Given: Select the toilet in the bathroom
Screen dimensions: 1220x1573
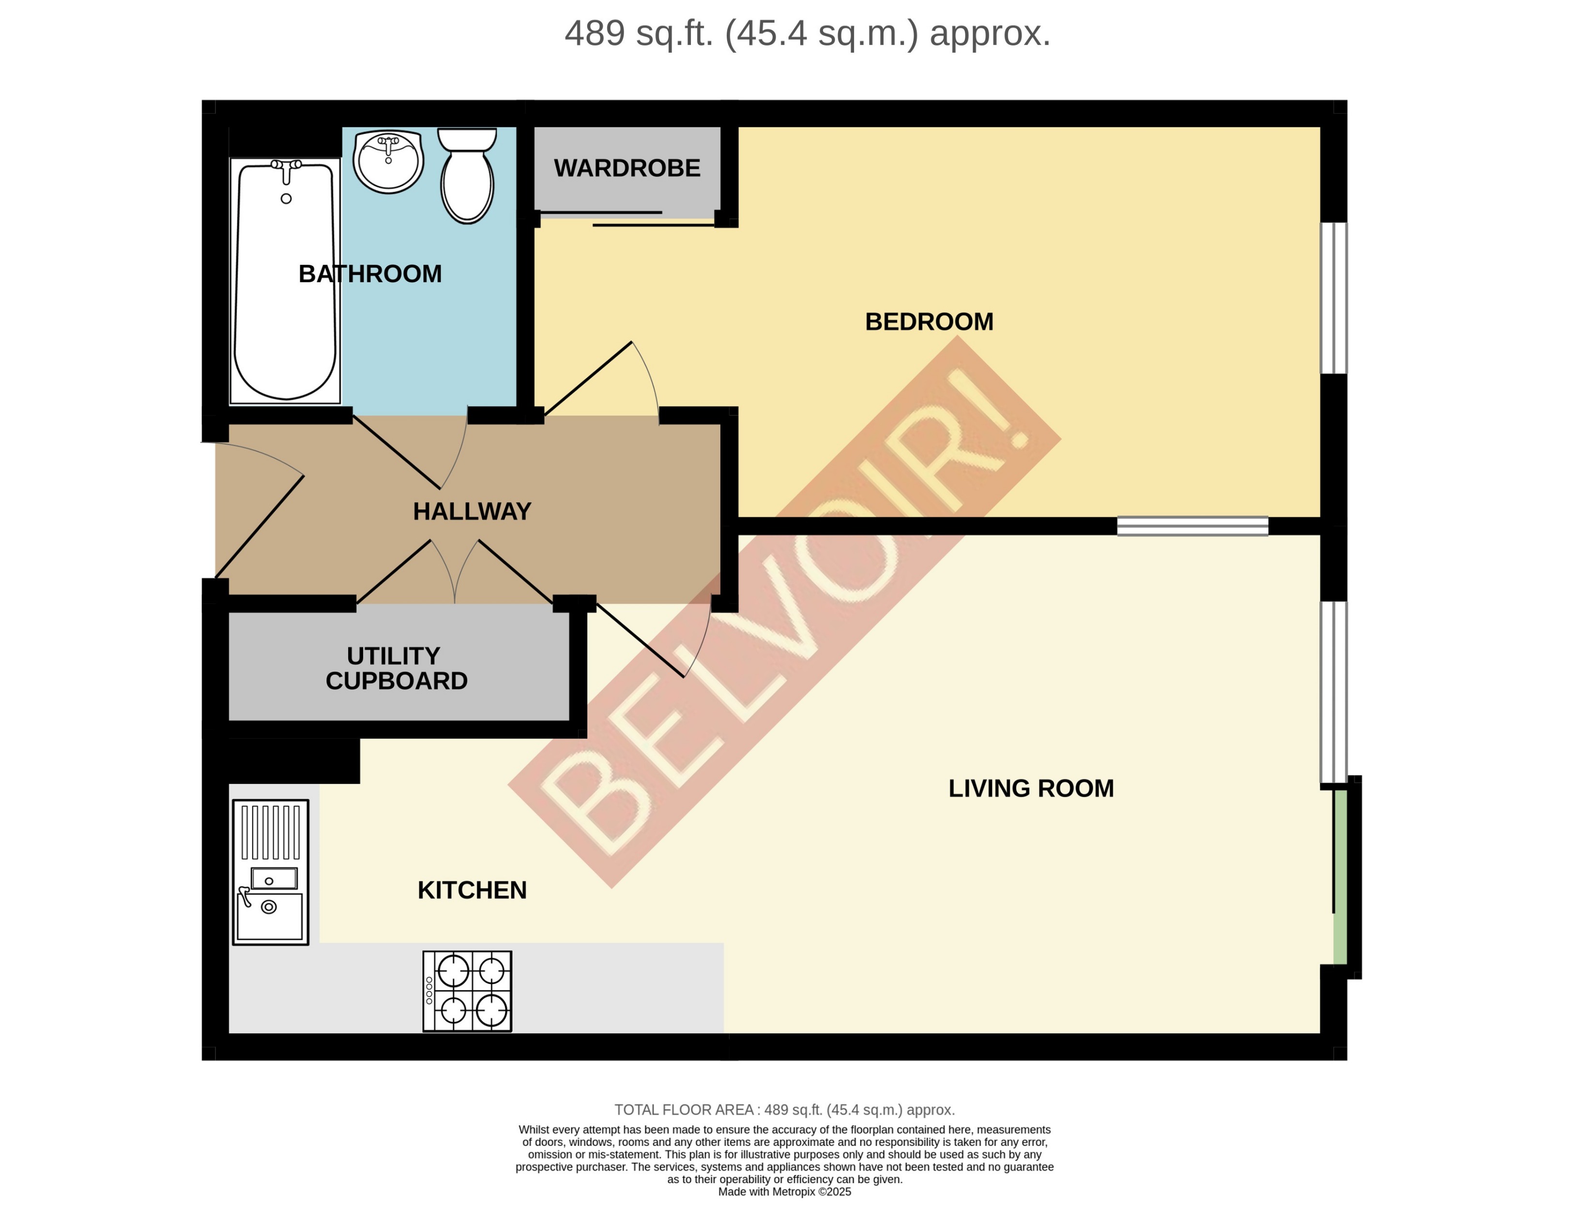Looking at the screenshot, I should (467, 176).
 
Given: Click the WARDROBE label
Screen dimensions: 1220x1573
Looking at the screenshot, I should (626, 168).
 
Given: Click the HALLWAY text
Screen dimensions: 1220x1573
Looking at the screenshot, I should (472, 511).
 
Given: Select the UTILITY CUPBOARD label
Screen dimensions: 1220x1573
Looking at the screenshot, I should (396, 668).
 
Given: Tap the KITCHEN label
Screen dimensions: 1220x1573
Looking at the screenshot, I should (472, 890).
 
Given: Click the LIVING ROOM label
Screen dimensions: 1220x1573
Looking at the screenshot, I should (1031, 789).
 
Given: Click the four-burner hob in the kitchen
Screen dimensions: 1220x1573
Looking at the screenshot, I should (467, 991).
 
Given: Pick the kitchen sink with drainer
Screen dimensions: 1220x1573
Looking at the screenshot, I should (270, 872).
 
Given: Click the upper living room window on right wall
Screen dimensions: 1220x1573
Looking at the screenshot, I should (1333, 691).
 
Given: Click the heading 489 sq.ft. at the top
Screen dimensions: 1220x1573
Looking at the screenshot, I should (807, 33).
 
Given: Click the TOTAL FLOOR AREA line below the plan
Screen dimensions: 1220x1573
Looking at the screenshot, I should (784, 1110).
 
